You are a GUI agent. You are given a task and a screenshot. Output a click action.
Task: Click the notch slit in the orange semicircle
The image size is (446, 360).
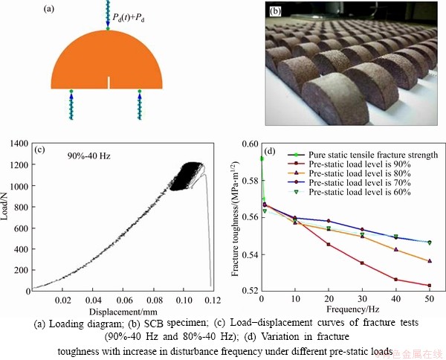[108, 82]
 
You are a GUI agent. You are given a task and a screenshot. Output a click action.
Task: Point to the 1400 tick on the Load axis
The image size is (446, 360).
[22, 141]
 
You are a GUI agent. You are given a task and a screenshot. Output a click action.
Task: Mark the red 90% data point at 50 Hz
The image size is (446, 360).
[430, 286]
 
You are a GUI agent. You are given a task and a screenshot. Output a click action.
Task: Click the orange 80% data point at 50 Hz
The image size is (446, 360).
[430, 261]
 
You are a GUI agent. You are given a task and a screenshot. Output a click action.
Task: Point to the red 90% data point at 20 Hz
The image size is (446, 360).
[329, 244]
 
